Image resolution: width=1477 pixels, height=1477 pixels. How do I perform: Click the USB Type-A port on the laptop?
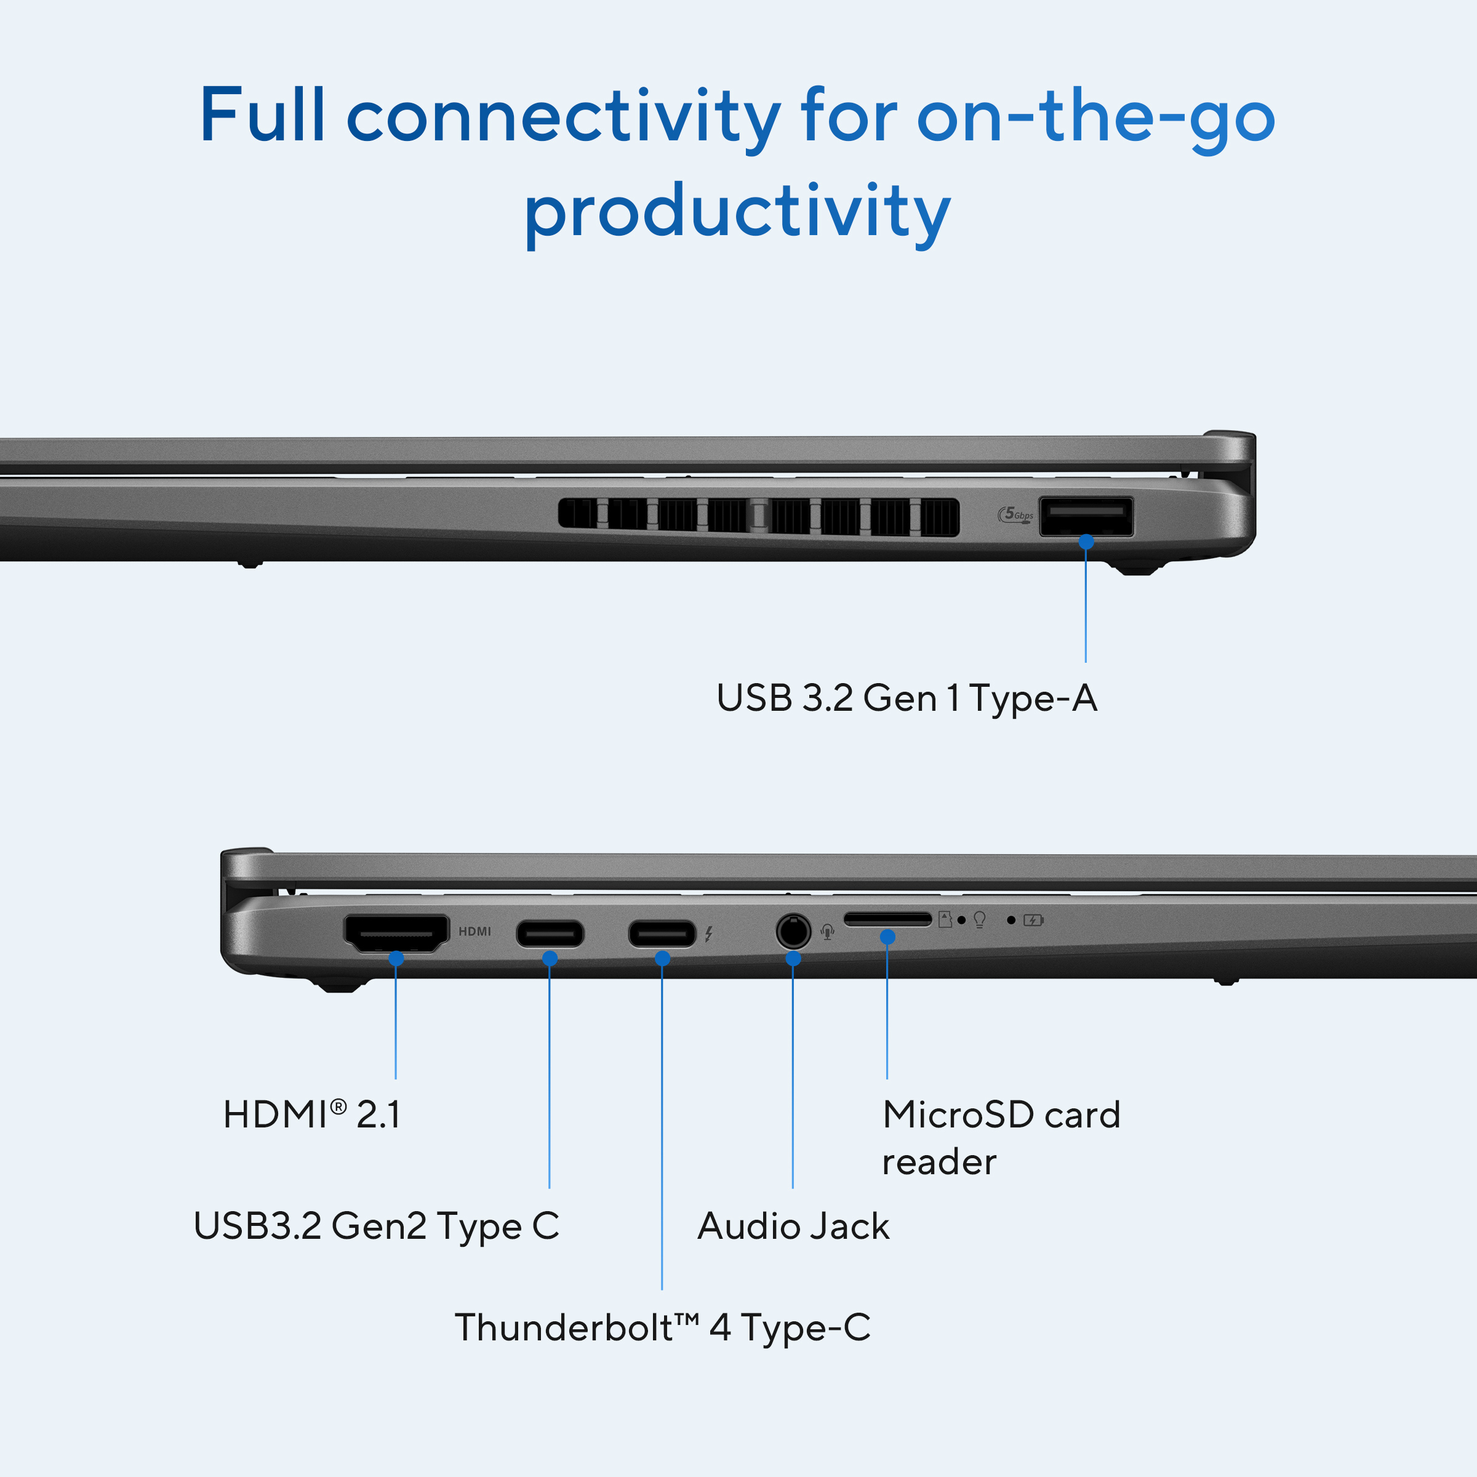click(x=1086, y=517)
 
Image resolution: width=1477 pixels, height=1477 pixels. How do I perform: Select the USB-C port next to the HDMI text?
click(x=550, y=934)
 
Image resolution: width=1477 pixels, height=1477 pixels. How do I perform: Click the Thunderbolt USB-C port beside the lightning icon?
click(x=662, y=934)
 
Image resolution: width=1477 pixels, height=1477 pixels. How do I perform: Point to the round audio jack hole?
click(x=793, y=931)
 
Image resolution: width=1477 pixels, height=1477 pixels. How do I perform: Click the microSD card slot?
click(x=887, y=919)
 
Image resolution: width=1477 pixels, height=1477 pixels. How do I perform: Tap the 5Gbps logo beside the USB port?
click(x=1015, y=515)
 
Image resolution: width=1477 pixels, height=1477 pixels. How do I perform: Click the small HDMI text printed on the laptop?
click(x=474, y=931)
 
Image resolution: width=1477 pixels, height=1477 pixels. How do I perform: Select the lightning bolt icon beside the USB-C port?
click(x=709, y=934)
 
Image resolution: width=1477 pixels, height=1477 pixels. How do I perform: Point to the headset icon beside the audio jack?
click(x=827, y=932)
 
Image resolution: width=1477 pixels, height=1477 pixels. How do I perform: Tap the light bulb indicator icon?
click(x=979, y=919)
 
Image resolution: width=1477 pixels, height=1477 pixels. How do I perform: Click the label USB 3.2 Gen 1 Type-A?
click(x=907, y=698)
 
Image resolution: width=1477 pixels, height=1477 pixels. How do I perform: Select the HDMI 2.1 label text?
click(x=312, y=1114)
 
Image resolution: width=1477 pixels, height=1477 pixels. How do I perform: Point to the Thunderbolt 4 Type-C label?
click(x=663, y=1328)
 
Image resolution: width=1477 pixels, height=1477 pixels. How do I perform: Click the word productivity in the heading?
click(x=738, y=214)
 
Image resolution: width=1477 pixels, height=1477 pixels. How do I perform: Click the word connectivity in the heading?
click(x=564, y=119)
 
